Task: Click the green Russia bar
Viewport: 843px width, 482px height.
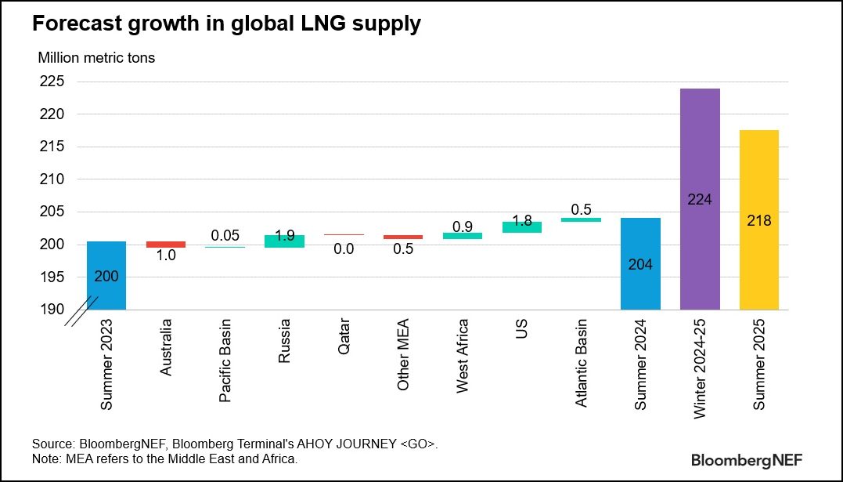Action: (284, 241)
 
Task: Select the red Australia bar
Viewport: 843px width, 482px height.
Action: (165, 245)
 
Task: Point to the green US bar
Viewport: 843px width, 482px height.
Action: (522, 227)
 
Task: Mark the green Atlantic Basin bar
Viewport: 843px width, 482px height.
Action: (582, 220)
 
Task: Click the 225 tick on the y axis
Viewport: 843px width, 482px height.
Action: (53, 82)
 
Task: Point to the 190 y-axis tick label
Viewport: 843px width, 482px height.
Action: (53, 310)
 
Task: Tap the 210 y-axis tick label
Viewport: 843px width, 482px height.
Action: (53, 179)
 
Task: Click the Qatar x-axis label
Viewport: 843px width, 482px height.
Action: (344, 338)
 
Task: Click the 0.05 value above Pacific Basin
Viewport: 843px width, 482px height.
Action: (225, 236)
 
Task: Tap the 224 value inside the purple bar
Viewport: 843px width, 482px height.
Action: (700, 200)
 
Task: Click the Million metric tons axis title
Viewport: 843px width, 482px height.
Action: (97, 57)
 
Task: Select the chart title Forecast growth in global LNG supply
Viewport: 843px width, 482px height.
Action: (226, 24)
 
